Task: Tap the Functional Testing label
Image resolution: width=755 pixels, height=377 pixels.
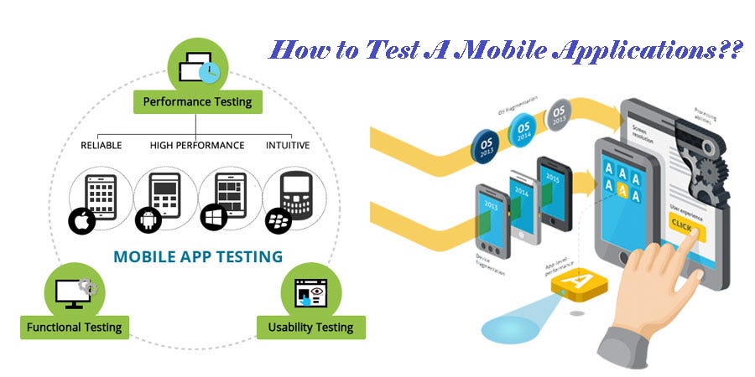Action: point(75,327)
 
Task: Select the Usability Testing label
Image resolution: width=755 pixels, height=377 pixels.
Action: point(310,327)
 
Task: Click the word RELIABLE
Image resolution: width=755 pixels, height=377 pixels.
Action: point(101,145)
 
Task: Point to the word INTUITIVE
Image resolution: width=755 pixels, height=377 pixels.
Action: point(289,145)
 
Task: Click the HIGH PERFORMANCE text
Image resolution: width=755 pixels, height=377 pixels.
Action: point(197,145)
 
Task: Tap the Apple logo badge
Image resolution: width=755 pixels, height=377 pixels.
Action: point(81,222)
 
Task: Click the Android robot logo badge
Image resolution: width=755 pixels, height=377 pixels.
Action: point(146,222)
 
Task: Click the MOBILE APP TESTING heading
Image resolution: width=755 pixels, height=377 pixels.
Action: point(197,256)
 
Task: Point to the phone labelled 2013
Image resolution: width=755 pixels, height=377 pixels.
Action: point(492,219)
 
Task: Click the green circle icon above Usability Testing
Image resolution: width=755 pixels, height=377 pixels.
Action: point(310,291)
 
